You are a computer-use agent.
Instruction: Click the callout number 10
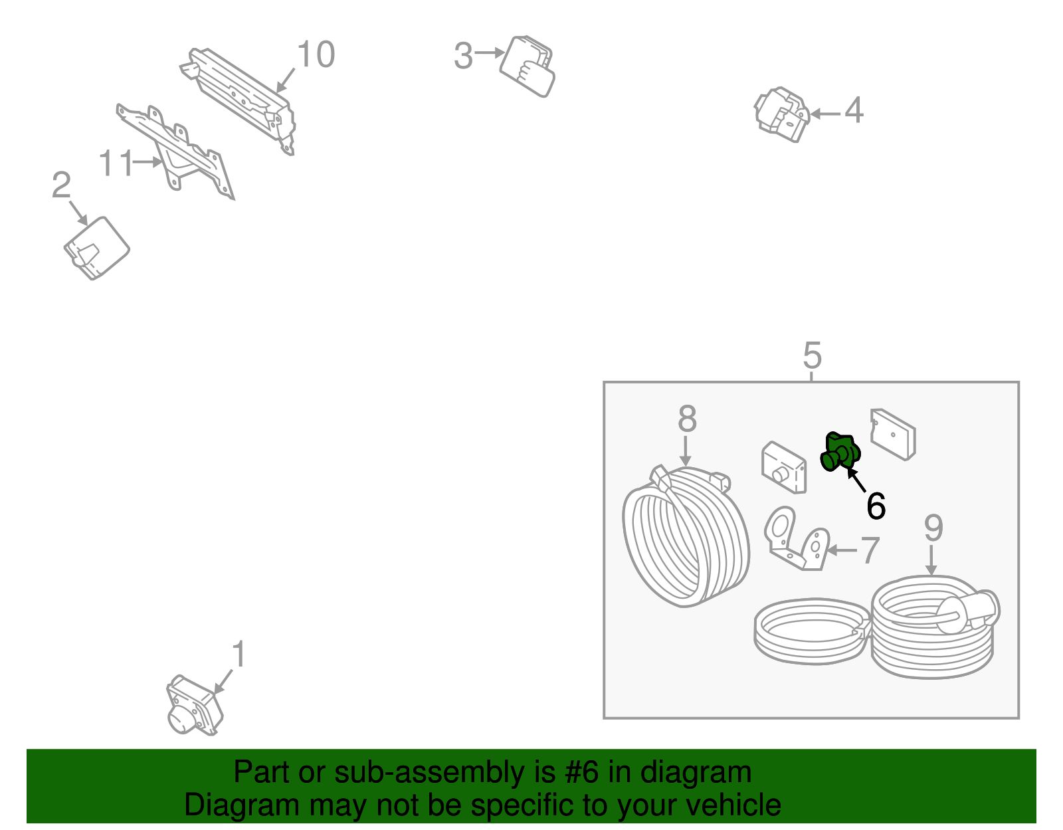(316, 54)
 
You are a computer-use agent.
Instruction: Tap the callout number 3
(463, 56)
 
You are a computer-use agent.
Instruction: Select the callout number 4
(854, 110)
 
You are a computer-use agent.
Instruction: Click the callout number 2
(61, 185)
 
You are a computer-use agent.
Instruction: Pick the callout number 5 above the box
(812, 356)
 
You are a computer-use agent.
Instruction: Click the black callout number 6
(876, 506)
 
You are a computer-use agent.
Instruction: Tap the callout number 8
(688, 418)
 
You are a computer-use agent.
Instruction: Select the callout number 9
(933, 527)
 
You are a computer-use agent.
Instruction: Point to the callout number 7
(870, 550)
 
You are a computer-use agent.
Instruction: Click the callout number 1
(239, 654)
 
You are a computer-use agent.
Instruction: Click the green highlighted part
(840, 451)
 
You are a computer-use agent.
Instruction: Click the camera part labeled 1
(194, 705)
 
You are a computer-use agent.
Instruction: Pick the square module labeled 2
(96, 248)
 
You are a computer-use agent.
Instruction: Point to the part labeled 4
(781, 115)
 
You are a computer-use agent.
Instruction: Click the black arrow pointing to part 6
(856, 480)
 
